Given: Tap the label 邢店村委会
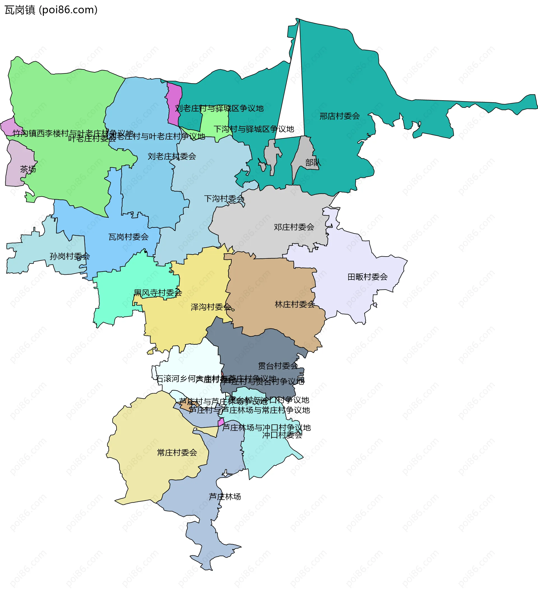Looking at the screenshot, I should pos(339,116).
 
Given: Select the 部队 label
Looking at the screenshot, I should pos(313,162).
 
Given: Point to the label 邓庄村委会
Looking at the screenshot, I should pos(294,227).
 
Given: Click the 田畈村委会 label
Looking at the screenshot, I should pos(367,277).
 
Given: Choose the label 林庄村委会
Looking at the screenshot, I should pos(294,304).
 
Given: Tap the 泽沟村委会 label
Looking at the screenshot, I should pos(211,307).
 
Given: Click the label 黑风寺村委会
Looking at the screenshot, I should pos(157,293).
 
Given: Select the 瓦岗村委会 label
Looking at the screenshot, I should pos(128,237).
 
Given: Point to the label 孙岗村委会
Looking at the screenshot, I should pos(69,257).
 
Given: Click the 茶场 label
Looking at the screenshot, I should pos(28,169).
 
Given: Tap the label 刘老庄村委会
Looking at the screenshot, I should pos(171,156).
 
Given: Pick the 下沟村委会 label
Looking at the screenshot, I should pos(224,199).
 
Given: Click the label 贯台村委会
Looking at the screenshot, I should pos(278,366).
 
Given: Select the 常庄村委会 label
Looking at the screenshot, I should pos(177,453).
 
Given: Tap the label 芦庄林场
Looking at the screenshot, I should pos(225,497).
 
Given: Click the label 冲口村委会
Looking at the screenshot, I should pos(282,435).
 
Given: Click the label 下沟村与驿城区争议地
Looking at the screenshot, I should pos(254,129).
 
